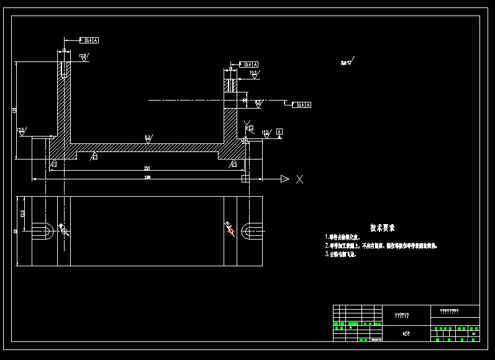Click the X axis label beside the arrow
point(299,179)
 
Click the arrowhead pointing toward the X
point(284,179)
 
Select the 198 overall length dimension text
point(147,177)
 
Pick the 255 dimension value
point(147,168)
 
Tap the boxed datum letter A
point(279,132)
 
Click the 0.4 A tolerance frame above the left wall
point(91,40)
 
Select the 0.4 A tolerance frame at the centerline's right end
point(303,105)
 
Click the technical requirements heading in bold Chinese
point(383,228)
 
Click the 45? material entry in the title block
point(406,334)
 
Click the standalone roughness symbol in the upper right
point(347,62)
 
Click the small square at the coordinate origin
point(245,179)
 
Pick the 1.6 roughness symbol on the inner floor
point(148,138)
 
